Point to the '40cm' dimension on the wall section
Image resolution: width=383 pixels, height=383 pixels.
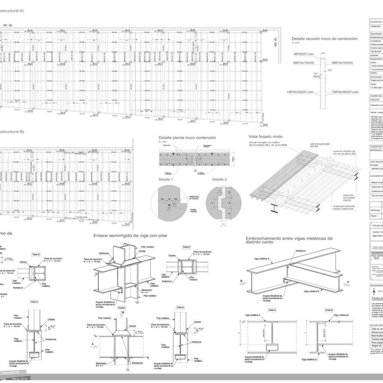pyautogui.click(x=316, y=76)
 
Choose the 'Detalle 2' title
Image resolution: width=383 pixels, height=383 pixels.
pyautogui.click(x=220, y=179)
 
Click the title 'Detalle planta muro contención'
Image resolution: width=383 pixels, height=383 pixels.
pyautogui.click(x=187, y=138)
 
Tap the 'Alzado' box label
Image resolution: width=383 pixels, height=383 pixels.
pyautogui.click(x=122, y=308)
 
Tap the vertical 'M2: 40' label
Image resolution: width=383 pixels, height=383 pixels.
pyautogui.click(x=275, y=43)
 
